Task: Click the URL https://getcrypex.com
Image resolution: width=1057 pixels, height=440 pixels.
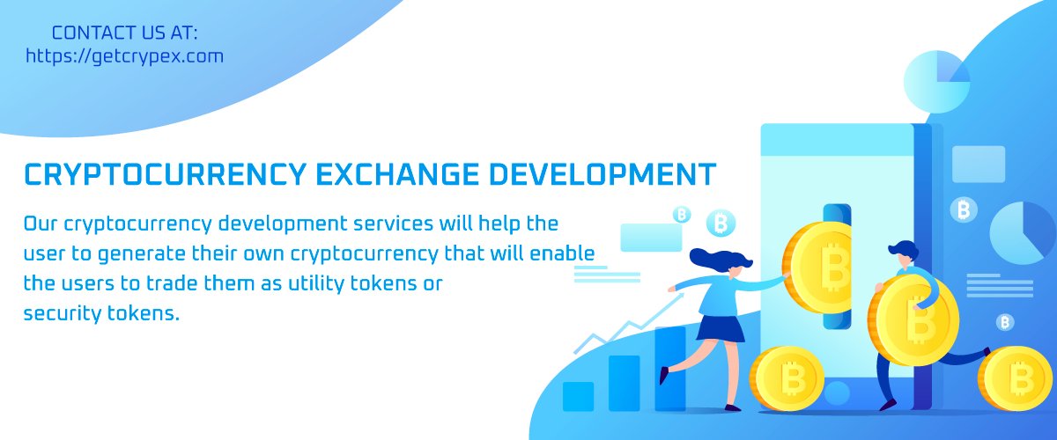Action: [124, 56]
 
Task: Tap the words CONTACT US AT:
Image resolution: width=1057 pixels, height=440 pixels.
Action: [125, 33]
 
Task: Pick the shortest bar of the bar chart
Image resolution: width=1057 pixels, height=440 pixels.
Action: [578, 396]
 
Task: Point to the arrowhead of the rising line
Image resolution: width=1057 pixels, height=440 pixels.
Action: [678, 297]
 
